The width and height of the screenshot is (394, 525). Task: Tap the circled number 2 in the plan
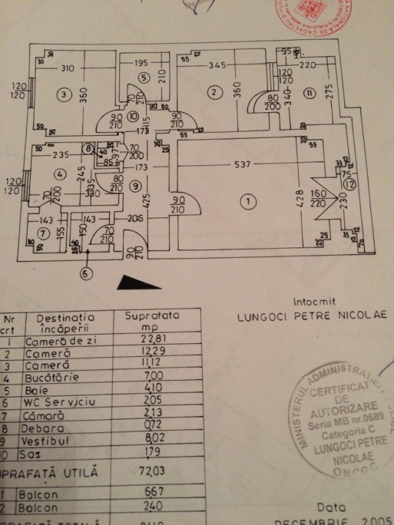pyautogui.click(x=213, y=93)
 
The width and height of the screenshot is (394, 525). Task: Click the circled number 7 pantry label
pyautogui.click(x=43, y=233)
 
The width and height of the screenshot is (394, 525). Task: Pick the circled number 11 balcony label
pyautogui.click(x=309, y=93)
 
